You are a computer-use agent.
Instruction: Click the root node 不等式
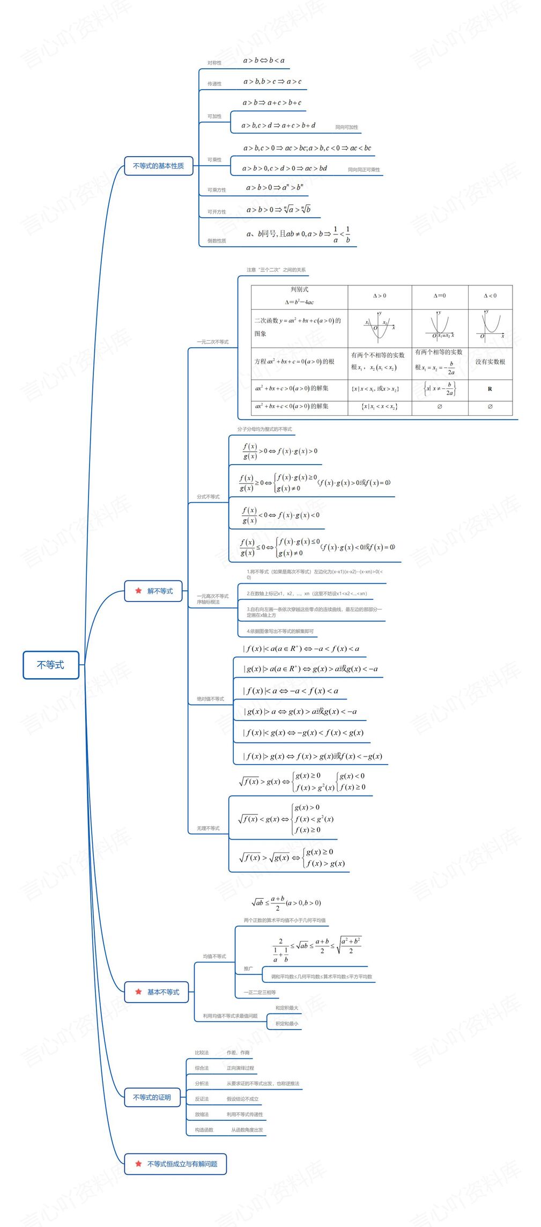(50, 665)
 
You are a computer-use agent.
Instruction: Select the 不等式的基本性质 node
(158, 166)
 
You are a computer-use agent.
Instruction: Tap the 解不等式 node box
(154, 591)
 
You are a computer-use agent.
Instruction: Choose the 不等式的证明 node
(152, 1097)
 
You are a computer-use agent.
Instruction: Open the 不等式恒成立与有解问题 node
(175, 1164)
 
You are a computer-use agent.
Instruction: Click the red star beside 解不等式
(138, 591)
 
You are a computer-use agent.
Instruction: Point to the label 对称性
(214, 63)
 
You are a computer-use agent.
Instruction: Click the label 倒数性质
(217, 241)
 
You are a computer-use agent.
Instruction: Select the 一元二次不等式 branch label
(212, 342)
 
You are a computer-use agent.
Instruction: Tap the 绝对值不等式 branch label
(210, 699)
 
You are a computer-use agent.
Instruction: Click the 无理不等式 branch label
(208, 828)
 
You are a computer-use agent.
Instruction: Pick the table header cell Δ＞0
(379, 296)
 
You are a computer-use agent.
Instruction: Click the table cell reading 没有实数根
(490, 362)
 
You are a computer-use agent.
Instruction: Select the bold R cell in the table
(490, 389)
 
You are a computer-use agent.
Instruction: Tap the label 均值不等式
(214, 957)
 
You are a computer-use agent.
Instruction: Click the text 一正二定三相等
(260, 993)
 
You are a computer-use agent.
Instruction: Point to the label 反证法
(202, 1099)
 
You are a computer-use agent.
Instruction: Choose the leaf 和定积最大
(286, 1008)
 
